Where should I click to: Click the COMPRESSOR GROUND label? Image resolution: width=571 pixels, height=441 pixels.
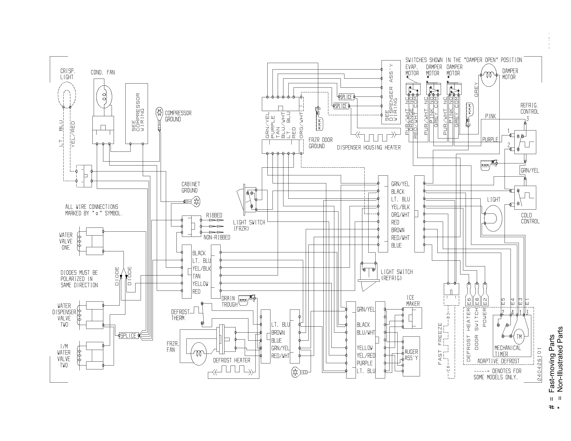click(x=178, y=116)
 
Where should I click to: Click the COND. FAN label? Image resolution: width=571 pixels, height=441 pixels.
click(x=103, y=72)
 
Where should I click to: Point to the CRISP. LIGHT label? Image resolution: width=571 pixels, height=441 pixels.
click(x=67, y=74)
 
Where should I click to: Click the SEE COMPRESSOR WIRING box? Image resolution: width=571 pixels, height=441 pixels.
click(x=137, y=113)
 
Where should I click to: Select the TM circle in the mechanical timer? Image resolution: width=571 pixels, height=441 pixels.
click(x=519, y=336)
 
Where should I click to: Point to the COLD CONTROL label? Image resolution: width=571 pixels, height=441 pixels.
click(x=530, y=218)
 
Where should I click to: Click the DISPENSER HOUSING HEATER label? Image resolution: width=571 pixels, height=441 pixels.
click(x=369, y=148)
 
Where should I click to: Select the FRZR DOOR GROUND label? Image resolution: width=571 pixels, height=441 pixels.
click(x=320, y=143)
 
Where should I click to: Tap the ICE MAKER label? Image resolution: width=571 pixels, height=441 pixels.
click(x=413, y=301)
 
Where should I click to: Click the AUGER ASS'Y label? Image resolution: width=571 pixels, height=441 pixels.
click(x=411, y=355)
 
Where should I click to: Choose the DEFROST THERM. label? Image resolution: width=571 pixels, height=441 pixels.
click(x=180, y=315)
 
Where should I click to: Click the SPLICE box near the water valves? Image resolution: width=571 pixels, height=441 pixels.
click(x=128, y=336)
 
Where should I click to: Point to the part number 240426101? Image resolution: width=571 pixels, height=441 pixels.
click(x=540, y=364)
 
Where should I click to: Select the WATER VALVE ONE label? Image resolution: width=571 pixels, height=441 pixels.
click(x=66, y=241)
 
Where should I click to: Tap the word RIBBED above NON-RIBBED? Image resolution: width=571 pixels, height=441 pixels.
click(x=214, y=215)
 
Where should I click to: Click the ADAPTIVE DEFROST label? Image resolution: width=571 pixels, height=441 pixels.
click(x=498, y=361)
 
